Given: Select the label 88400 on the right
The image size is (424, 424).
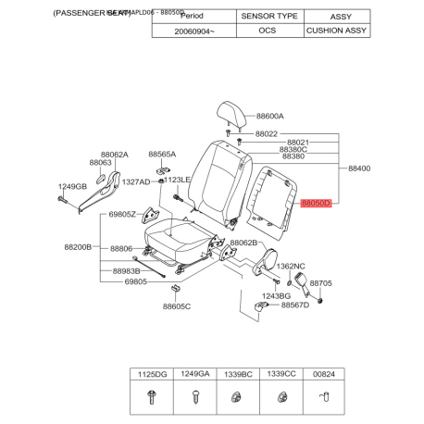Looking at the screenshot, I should [358, 168].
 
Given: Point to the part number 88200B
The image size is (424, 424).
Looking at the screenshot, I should [79, 248].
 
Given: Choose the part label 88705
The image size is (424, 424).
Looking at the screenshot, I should [320, 284].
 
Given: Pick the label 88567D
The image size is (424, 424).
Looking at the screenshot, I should [295, 305].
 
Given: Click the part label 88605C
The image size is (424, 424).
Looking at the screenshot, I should [177, 306].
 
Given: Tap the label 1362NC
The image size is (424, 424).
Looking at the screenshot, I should [292, 266].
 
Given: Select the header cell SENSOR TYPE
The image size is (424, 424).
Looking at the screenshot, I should [269, 17].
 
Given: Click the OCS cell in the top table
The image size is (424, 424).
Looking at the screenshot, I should [269, 31].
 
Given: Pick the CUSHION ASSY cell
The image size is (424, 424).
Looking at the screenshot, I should [336, 31].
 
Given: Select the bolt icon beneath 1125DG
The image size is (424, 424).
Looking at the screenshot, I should [150, 397].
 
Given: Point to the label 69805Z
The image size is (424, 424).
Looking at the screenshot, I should [121, 215].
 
